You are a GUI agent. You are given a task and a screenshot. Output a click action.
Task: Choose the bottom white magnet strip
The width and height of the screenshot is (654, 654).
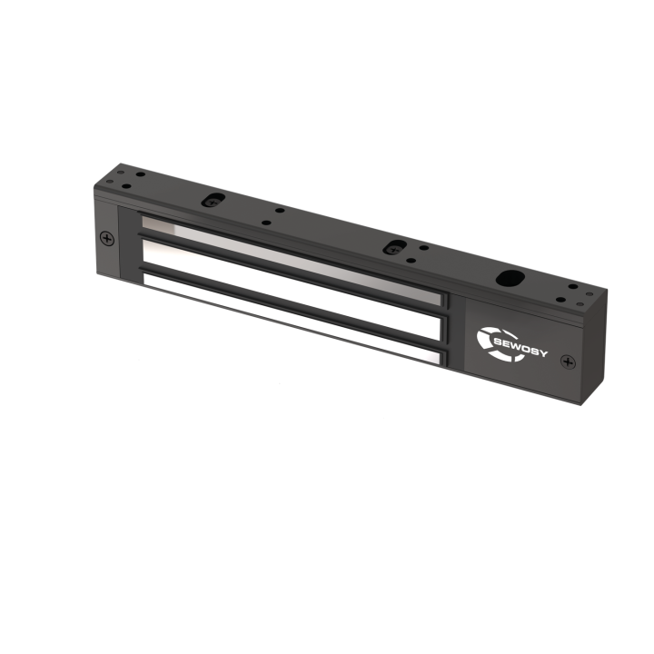(291, 322)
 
